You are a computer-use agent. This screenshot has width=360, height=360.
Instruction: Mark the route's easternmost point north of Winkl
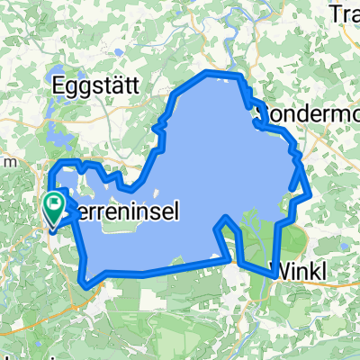(310, 193)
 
